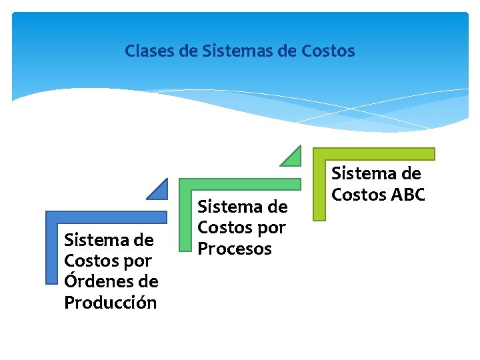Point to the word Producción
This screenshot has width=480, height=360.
111,303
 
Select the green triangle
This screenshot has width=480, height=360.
293,157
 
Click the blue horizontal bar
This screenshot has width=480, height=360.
107,217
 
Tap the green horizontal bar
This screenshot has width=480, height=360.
240,185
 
